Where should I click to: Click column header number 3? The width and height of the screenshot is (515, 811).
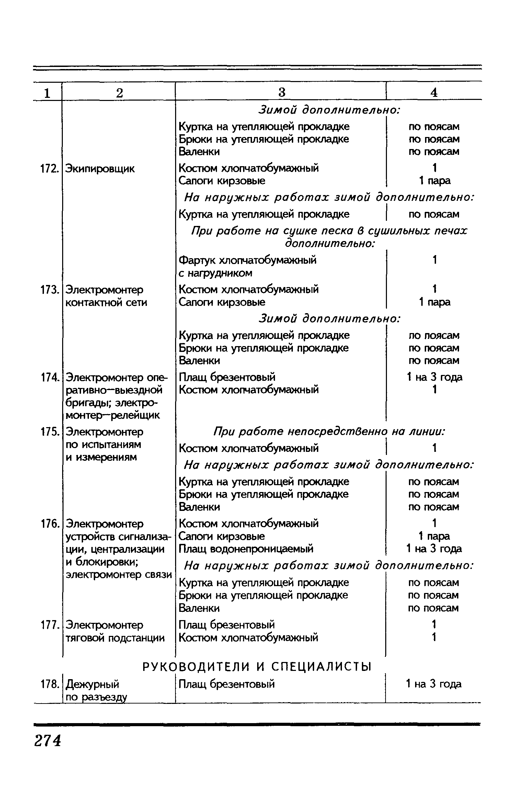[282, 92]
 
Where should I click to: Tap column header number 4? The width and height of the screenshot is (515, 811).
[434, 92]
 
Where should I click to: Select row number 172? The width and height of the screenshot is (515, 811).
[48, 169]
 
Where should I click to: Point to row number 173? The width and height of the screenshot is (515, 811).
[48, 290]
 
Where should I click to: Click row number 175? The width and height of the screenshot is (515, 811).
[48, 432]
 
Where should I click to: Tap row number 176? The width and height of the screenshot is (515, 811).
[48, 524]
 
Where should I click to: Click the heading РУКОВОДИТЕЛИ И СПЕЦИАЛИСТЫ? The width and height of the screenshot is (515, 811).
[257, 667]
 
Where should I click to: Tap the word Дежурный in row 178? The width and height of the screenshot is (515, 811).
[92, 684]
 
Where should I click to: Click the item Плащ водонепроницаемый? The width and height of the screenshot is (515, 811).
[246, 549]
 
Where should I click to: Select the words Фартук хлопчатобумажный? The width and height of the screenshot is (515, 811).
[248, 260]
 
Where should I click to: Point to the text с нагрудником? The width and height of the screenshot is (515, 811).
[216, 273]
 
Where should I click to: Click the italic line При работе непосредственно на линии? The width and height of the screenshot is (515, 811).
[329, 432]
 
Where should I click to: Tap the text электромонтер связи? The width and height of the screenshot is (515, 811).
[118, 574]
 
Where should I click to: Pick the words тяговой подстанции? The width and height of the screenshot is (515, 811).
[115, 638]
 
